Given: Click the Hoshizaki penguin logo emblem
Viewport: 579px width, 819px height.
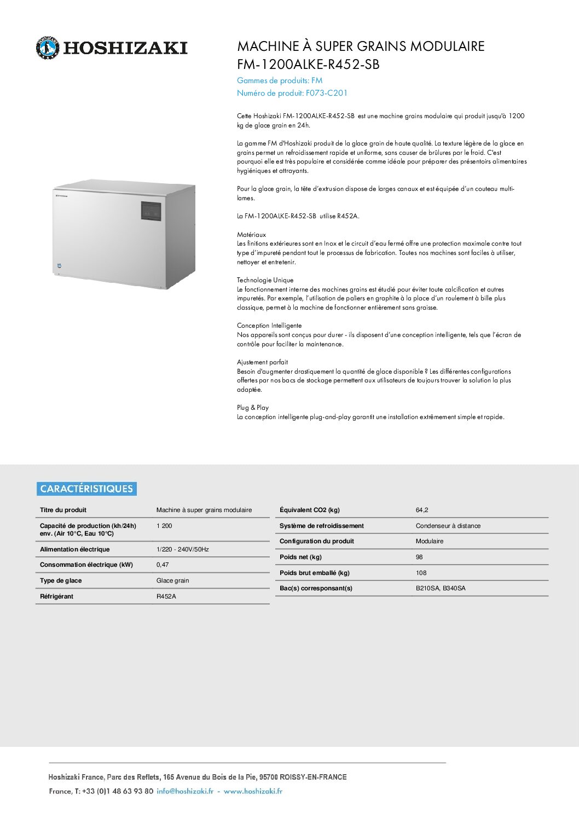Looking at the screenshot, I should pyautogui.click(x=47, y=48).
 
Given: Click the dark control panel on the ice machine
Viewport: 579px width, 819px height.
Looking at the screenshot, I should pyautogui.click(x=151, y=211).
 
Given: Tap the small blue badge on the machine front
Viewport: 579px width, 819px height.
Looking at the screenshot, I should pyautogui.click(x=59, y=266).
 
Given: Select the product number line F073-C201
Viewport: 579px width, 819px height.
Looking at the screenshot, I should pyautogui.click(x=292, y=93).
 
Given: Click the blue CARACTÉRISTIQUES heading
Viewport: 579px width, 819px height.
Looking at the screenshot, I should pyautogui.click(x=86, y=489).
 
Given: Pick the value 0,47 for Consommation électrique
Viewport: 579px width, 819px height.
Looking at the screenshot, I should pyautogui.click(x=163, y=565).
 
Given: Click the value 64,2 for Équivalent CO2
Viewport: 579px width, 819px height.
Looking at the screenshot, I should pyautogui.click(x=422, y=510).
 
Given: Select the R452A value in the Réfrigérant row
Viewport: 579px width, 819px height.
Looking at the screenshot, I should pyautogui.click(x=166, y=596).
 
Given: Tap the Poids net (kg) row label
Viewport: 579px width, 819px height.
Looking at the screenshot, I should pyautogui.click(x=300, y=557).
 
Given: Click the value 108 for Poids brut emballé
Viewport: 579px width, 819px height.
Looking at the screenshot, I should pyautogui.click(x=421, y=573).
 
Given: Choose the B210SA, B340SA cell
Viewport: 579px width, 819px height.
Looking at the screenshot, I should pyautogui.click(x=441, y=588).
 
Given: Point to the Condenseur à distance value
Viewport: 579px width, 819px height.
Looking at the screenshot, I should pyautogui.click(x=448, y=526).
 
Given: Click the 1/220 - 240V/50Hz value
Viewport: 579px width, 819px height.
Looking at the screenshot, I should pyautogui.click(x=183, y=549).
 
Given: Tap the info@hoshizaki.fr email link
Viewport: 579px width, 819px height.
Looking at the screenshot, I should pyautogui.click(x=185, y=791).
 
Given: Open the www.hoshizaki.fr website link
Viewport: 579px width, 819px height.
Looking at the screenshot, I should pyautogui.click(x=253, y=791).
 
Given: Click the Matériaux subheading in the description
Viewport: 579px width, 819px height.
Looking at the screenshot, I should pyautogui.click(x=251, y=235).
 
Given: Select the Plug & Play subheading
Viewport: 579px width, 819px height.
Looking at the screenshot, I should pyautogui.click(x=253, y=408).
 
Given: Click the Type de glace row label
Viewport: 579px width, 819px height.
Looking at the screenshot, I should pyautogui.click(x=61, y=580).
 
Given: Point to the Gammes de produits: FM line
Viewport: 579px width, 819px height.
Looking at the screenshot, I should pyautogui.click(x=280, y=80).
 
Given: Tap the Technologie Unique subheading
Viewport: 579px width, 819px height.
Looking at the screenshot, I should pyautogui.click(x=265, y=280).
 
